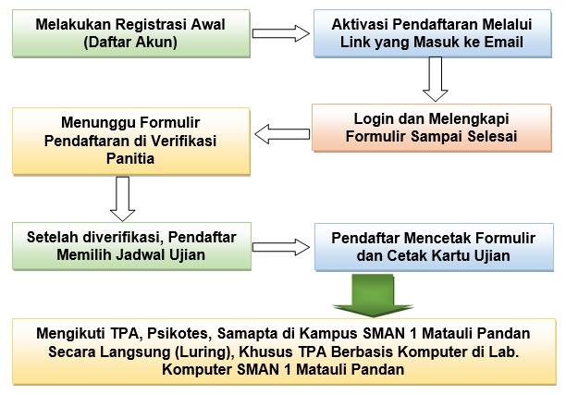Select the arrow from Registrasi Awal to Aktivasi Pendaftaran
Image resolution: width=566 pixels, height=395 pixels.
[281, 33]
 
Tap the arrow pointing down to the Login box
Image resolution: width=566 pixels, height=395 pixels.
[436, 79]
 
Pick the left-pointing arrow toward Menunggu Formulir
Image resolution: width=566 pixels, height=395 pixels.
[282, 134]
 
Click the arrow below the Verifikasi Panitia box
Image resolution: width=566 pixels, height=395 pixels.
[122, 199]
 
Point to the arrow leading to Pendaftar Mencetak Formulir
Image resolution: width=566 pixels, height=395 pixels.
[281, 247]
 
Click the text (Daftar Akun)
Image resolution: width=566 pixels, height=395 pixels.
[130, 42]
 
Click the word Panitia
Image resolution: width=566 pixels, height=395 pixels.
[130, 158]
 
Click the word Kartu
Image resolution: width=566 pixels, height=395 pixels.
[450, 256]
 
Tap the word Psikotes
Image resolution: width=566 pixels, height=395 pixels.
[178, 333]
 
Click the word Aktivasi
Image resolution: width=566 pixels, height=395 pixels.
[360, 25]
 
